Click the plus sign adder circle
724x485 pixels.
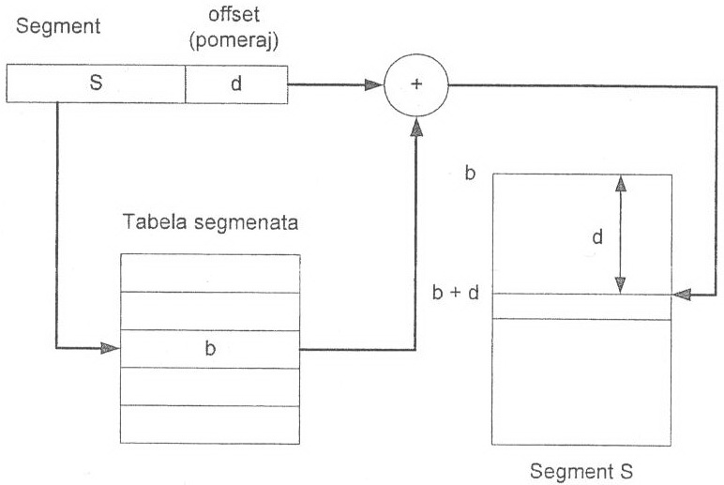[415, 85]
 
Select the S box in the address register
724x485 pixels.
[96, 83]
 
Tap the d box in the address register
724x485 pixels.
[235, 83]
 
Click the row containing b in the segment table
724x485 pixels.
[210, 348]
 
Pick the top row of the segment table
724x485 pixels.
[210, 273]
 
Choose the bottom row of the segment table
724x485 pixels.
[210, 423]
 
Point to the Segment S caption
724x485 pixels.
[581, 470]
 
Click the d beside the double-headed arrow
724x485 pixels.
[596, 237]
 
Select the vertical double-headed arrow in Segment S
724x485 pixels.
[619, 235]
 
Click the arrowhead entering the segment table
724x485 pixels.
[112, 348]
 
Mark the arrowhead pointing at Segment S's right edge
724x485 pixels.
[683, 294]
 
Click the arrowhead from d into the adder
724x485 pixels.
[374, 85]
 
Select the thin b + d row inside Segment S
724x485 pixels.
[581, 306]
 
